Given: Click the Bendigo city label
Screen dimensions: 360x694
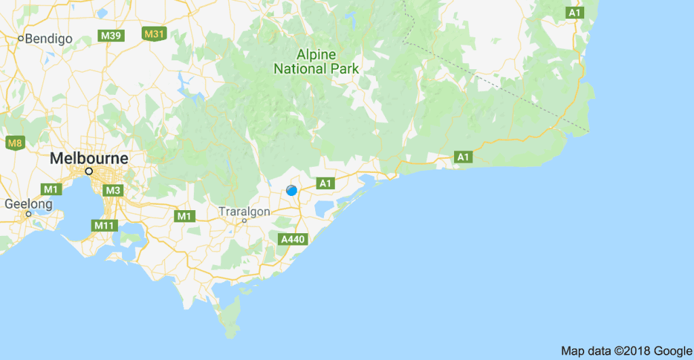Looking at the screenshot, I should click(49, 39).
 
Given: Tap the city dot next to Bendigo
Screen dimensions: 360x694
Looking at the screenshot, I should click(21, 39).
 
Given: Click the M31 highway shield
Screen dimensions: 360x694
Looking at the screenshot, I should click(154, 33).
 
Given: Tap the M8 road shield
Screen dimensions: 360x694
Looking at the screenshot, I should click(15, 142).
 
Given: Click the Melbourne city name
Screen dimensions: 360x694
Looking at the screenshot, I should click(89, 158).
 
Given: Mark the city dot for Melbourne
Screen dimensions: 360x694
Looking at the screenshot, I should click(89, 171).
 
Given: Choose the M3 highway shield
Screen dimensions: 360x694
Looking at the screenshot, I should click(113, 191).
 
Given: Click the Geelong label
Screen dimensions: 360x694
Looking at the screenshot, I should click(28, 203).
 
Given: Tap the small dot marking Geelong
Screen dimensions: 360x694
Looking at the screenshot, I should click(28, 214).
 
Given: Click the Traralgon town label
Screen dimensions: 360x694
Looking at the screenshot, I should click(244, 212).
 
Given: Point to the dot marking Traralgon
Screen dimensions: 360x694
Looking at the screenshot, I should click(244, 221).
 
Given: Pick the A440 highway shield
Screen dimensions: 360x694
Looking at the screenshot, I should click(293, 239).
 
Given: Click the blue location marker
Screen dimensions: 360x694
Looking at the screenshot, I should click(291, 191).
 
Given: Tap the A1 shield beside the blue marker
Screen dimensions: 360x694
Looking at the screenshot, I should click(325, 183).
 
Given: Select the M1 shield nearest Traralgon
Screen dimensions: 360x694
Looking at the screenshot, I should click(183, 216).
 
